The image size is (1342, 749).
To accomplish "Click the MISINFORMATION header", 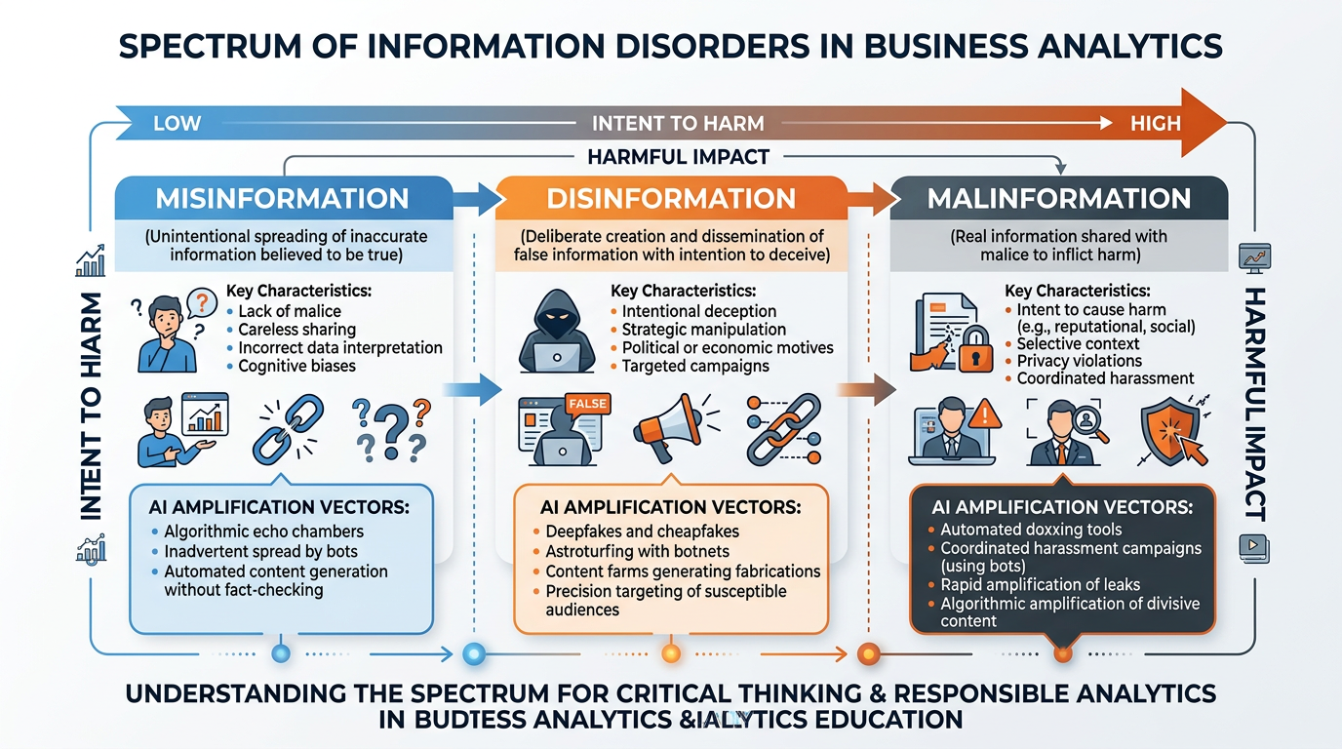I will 282,198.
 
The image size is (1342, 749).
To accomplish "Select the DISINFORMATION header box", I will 670,198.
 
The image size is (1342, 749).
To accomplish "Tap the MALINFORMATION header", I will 1058,198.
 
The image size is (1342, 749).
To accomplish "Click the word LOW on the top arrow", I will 178,124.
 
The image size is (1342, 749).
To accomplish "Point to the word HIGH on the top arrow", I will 1155,124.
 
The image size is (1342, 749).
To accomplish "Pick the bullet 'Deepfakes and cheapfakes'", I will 642,532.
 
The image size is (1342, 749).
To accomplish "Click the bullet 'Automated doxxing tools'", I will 1031,530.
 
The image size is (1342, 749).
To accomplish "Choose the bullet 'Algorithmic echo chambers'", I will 263,532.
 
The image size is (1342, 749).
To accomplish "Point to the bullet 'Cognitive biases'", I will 296,366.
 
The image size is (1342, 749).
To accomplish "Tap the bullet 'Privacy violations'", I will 1079,361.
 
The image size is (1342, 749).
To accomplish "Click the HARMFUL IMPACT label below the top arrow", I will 678,156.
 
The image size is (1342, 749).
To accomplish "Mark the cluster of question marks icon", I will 391,429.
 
